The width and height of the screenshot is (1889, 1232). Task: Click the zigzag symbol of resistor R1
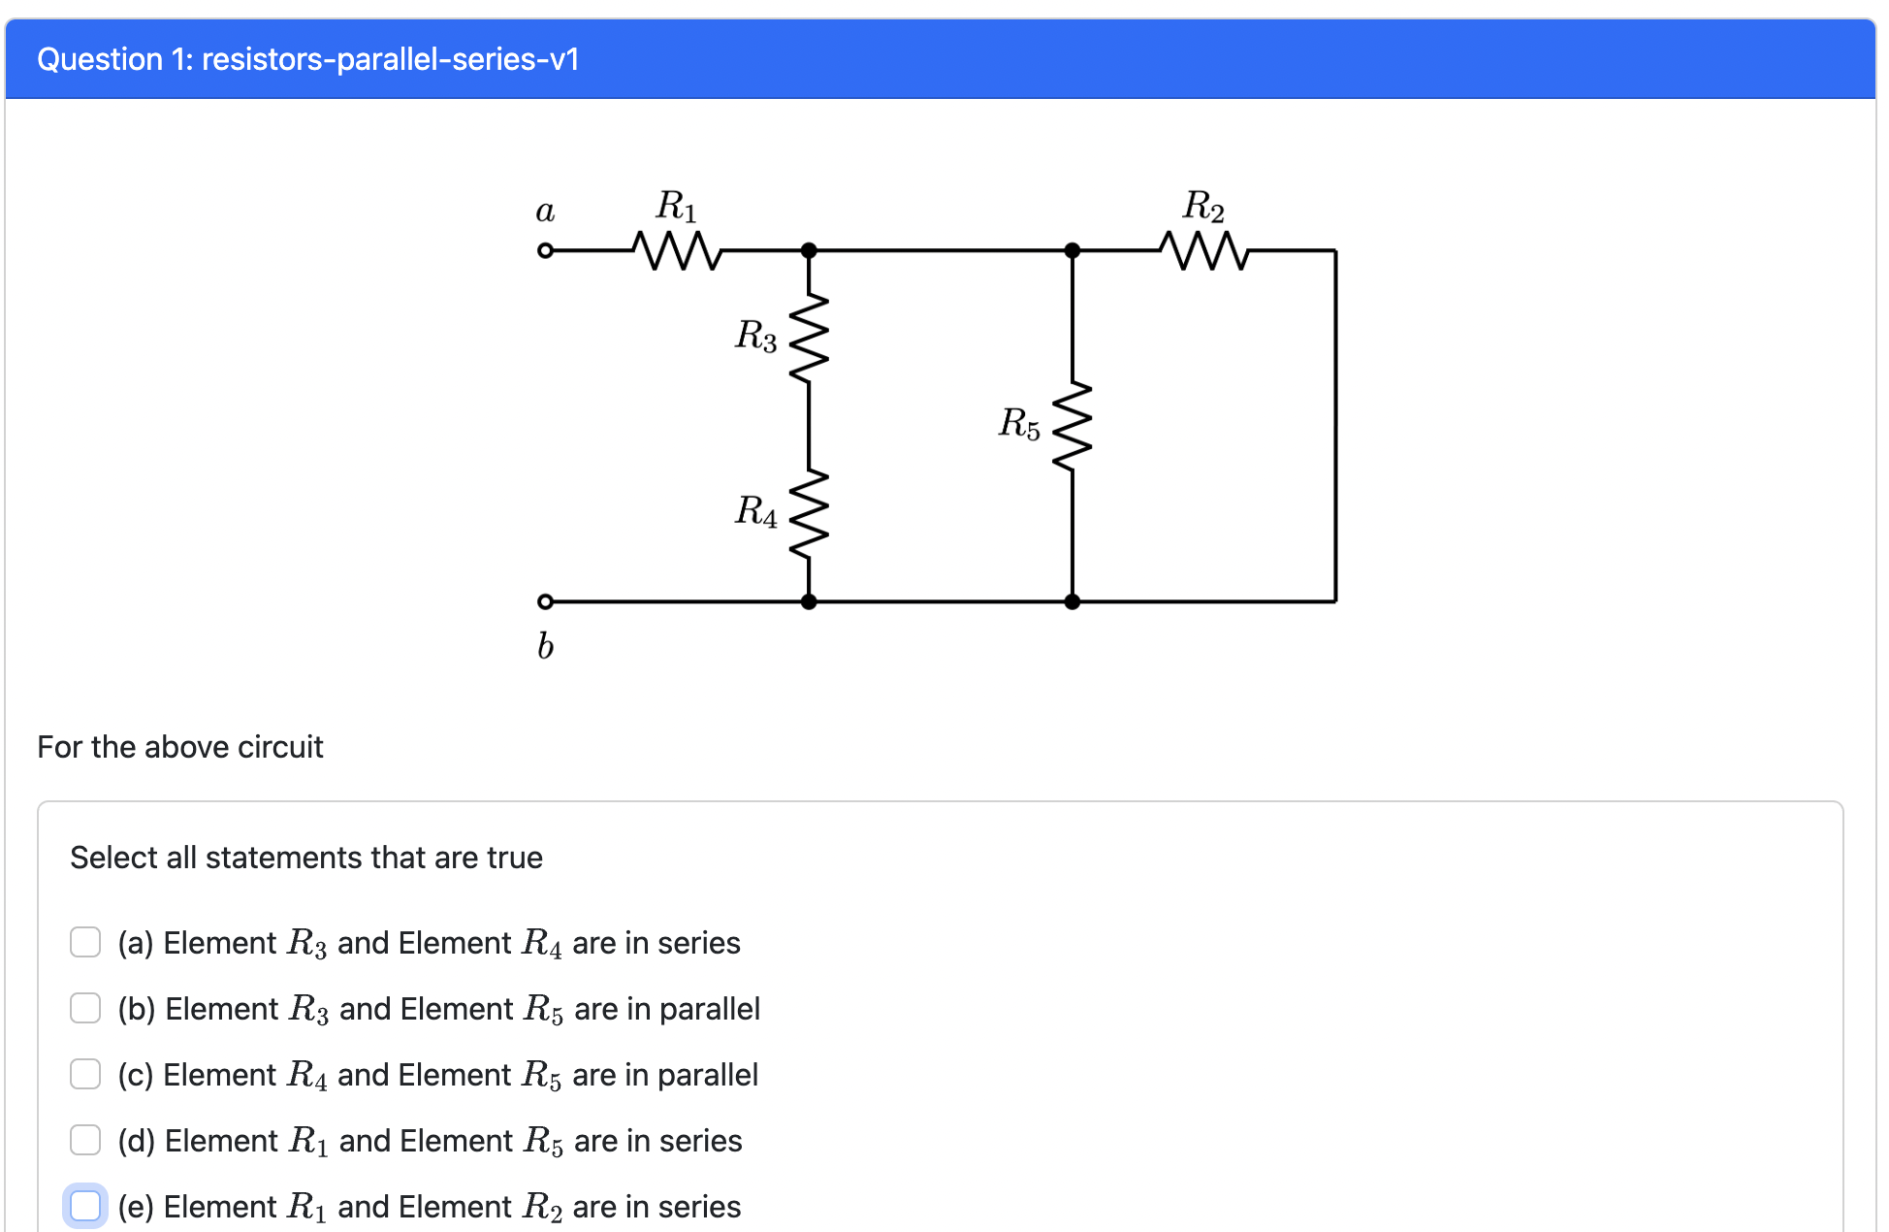click(677, 250)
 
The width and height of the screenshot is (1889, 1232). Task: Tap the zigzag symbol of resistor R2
click(1203, 250)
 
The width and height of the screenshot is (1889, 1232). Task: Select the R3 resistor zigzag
click(809, 339)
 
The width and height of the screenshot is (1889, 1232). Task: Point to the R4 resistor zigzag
click(809, 514)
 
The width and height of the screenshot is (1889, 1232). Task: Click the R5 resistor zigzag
click(1073, 427)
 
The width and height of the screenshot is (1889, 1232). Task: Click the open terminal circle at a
click(545, 250)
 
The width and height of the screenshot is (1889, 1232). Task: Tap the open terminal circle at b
click(545, 601)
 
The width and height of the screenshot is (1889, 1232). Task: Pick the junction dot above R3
click(809, 250)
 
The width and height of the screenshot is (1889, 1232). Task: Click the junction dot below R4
click(809, 601)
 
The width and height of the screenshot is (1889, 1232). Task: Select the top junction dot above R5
click(1073, 250)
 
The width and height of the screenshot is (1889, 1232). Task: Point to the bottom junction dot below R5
click(1073, 601)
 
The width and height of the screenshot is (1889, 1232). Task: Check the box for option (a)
click(85, 942)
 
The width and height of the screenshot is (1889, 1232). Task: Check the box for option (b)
click(85, 1008)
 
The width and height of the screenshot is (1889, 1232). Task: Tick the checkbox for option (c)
click(85, 1074)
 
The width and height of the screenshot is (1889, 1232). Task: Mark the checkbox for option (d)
click(85, 1140)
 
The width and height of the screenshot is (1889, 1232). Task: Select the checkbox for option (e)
click(85, 1206)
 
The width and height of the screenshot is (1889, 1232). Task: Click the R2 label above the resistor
click(1203, 207)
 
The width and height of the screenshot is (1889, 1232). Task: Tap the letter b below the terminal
click(545, 645)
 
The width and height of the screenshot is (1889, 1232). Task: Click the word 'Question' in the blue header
click(100, 59)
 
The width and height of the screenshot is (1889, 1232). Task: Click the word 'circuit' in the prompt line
click(280, 747)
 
